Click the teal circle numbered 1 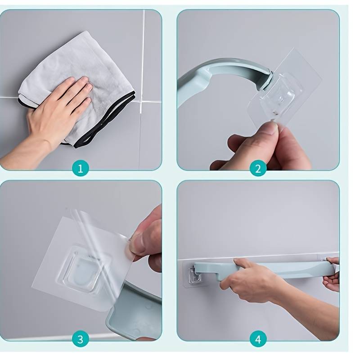pyautogui.click(x=80, y=168)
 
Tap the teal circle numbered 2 pyautogui.click(x=258, y=168)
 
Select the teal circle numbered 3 pyautogui.click(x=80, y=339)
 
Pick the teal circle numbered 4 pyautogui.click(x=258, y=339)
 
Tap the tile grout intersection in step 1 pyautogui.click(x=141, y=101)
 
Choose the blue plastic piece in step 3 pyautogui.click(x=135, y=315)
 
